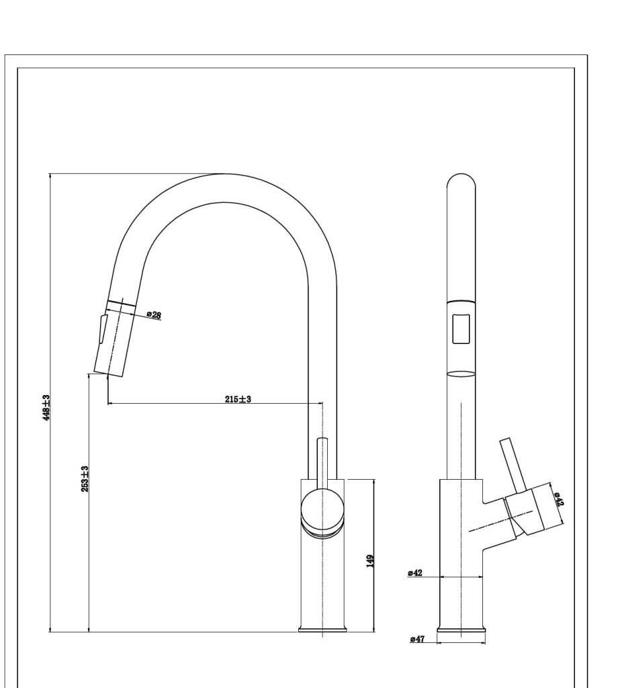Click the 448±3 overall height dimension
coord(46,408)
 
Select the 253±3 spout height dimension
coord(85,478)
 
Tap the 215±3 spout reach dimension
coord(238,399)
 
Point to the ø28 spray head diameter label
coord(154,314)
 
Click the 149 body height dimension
coord(370,561)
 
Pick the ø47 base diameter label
coord(417,639)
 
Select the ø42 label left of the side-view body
coord(414,572)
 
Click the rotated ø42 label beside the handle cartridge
coord(559,499)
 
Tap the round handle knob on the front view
coord(322,509)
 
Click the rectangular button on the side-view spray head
coord(461,329)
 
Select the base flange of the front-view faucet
coord(322,630)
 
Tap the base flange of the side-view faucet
coord(461,630)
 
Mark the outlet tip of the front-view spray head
coord(107,374)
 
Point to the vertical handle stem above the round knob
coord(322,463)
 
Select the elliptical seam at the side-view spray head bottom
coord(461,374)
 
